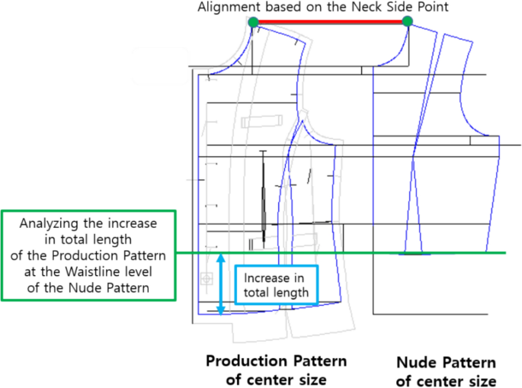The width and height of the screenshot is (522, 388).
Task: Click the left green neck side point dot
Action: point(253,21)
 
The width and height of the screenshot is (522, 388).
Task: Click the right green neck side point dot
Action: point(407,21)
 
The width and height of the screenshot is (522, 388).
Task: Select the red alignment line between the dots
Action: point(330,21)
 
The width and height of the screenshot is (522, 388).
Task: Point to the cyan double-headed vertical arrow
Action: point(221,284)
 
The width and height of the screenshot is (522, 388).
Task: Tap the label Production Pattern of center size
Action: point(276,369)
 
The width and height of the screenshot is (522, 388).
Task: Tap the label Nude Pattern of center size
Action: point(447,371)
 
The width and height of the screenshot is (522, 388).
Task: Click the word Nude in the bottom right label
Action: point(417,363)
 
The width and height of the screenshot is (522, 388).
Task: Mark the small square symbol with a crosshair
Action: point(205,279)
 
